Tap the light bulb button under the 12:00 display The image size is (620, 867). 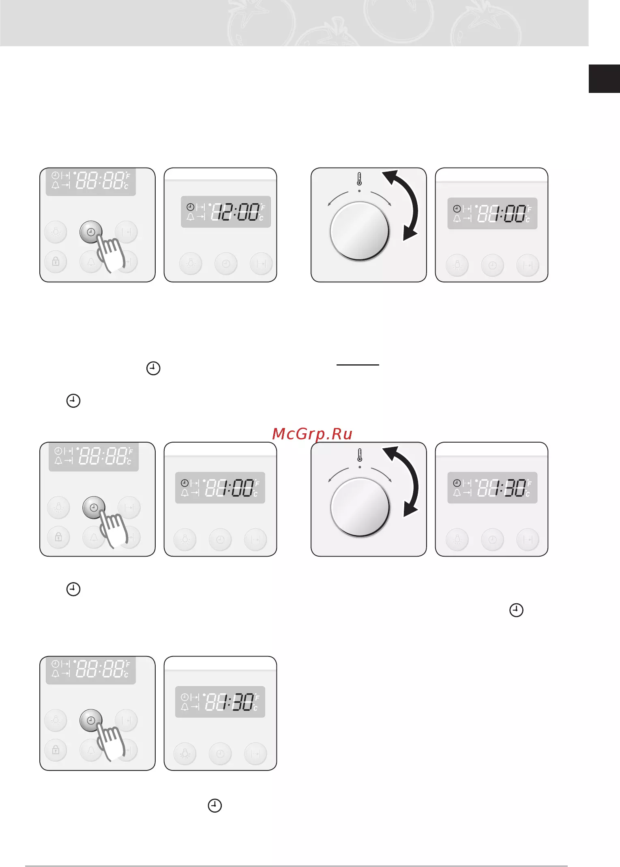pyautogui.click(x=191, y=264)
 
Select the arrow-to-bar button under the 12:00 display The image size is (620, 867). pyautogui.click(x=262, y=264)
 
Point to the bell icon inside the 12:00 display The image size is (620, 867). pyautogui.click(x=190, y=217)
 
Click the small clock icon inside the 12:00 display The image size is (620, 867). pyautogui.click(x=190, y=207)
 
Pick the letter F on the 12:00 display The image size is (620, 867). pyautogui.click(x=263, y=208)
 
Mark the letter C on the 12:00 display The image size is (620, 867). pyautogui.click(x=262, y=218)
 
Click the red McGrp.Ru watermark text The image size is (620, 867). pyautogui.click(x=312, y=434)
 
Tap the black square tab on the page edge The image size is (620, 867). pyautogui.click(x=604, y=79)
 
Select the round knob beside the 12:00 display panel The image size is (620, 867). pyautogui.click(x=360, y=231)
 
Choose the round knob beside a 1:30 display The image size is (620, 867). pyautogui.click(x=360, y=507)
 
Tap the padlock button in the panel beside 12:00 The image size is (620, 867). pyautogui.click(x=56, y=262)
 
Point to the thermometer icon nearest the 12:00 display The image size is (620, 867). pyautogui.click(x=359, y=179)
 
